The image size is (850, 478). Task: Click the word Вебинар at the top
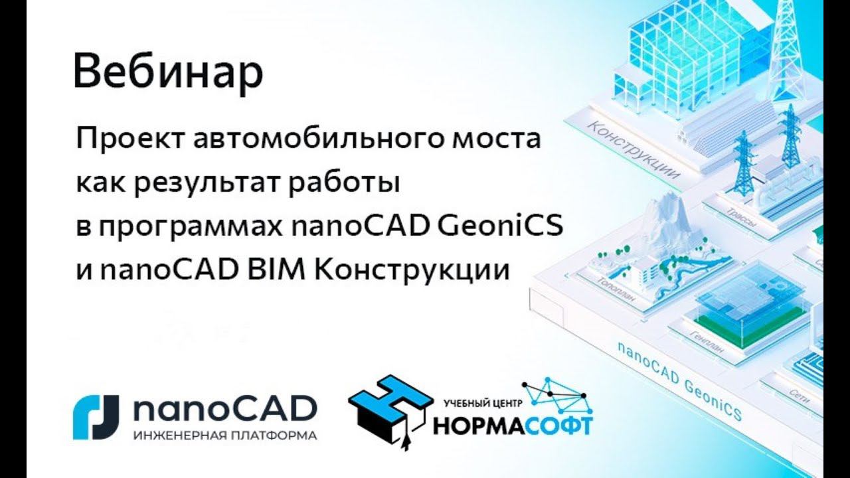168,73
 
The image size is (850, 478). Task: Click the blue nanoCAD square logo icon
96,417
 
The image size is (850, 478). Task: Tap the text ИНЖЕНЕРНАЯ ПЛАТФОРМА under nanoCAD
224,436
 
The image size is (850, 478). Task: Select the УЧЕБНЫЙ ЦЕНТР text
483,402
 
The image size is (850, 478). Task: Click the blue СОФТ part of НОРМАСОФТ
558,425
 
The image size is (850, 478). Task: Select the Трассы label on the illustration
741,220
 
